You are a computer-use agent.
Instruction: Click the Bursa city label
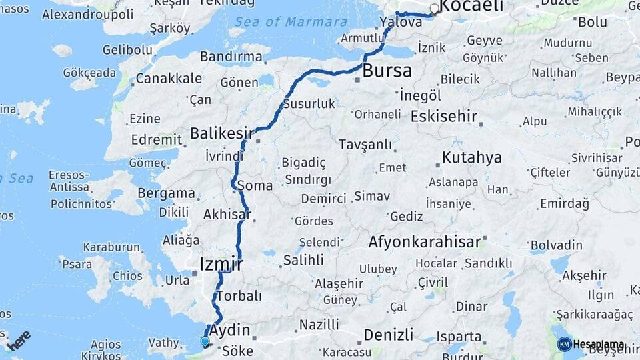pos(387,71)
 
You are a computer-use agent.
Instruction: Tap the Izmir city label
pos(221,265)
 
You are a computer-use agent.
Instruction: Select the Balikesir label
pos(222,133)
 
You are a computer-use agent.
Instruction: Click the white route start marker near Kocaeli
pos(435,9)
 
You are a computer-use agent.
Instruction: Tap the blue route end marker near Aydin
pos(205,342)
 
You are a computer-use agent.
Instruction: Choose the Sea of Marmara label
pos(287,21)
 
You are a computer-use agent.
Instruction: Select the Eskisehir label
pos(444,117)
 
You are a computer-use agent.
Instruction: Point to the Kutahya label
pos(471,158)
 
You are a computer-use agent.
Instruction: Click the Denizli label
pos(389,334)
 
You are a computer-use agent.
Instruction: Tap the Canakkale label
pos(169,79)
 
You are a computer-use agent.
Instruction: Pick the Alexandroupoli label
pos(78,13)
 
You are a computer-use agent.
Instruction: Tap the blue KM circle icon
pos(564,344)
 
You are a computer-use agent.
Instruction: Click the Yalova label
pos(401,22)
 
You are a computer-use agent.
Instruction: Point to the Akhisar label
pos(227,215)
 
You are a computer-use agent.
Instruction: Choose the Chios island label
pos(128,275)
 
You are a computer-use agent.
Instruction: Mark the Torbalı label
pos(239,295)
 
